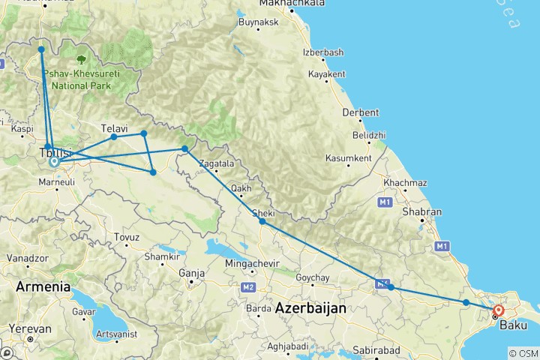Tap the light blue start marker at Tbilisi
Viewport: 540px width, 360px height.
pyautogui.click(x=54, y=161)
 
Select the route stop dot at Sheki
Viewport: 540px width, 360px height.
pyautogui.click(x=262, y=221)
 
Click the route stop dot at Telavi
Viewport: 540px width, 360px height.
pyautogui.click(x=114, y=136)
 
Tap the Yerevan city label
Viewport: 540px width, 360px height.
pyautogui.click(x=30, y=328)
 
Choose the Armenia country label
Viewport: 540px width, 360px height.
pyautogui.click(x=43, y=287)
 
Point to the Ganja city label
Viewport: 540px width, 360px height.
pyautogui.click(x=192, y=273)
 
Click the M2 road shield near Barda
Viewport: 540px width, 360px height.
pyautogui.click(x=248, y=288)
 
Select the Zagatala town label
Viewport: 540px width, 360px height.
pyautogui.click(x=217, y=163)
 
